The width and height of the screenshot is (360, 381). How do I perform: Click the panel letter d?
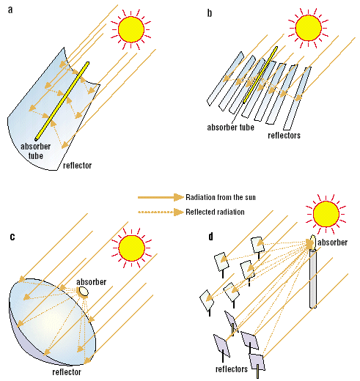211,236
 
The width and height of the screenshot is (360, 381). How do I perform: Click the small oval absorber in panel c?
84,292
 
